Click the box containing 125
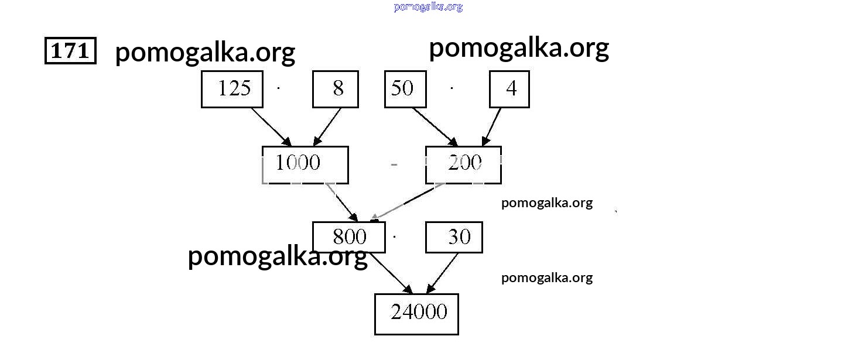tap(232, 90)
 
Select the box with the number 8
tap(335, 90)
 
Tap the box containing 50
tap(405, 90)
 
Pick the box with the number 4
tap(509, 90)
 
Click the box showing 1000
tap(305, 164)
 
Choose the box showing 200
tap(463, 164)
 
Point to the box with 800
tap(349, 237)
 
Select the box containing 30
tap(454, 237)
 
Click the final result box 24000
tap(416, 314)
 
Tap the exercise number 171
tap(70, 51)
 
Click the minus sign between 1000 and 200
tap(394, 165)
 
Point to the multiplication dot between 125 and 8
tap(279, 88)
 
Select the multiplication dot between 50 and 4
tap(452, 88)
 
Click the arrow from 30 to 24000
tap(442, 273)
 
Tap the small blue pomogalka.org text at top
tap(428, 7)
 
